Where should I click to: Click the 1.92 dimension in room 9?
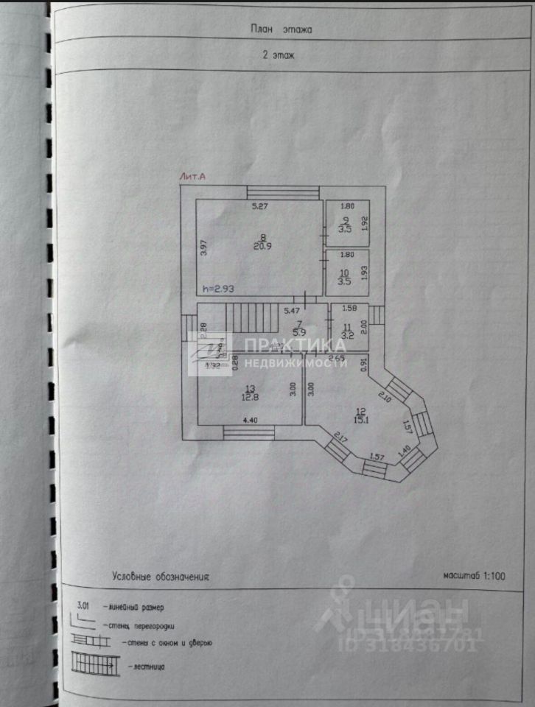coord(363,223)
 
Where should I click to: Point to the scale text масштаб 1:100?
coord(475,576)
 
